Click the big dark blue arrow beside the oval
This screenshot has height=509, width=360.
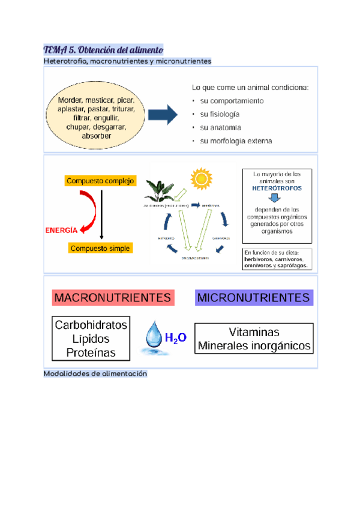point(163,114)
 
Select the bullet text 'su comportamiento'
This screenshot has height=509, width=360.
point(232,101)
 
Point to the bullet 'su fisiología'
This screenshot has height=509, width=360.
point(220,114)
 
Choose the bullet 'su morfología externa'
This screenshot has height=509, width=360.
point(236,142)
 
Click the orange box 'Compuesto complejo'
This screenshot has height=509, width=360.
point(101,181)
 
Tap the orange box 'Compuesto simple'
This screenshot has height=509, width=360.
point(100,248)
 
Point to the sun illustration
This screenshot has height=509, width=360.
point(201,179)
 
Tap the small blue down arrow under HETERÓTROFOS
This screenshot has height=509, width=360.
point(276,197)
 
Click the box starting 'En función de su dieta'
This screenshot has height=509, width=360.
point(277,259)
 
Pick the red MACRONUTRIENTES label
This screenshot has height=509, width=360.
point(113,297)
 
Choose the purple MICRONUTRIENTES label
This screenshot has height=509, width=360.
point(254,297)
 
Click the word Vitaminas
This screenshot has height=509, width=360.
point(254,332)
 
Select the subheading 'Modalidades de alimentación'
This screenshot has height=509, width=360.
point(95,374)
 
